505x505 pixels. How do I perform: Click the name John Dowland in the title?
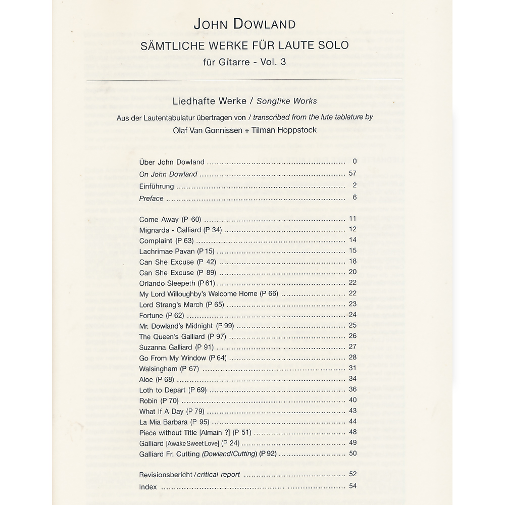tap(244, 24)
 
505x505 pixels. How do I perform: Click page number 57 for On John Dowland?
tap(352, 173)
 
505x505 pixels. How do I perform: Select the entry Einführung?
tap(157, 186)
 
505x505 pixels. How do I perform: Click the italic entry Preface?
tap(151, 198)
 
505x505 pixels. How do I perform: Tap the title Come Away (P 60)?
tap(170, 220)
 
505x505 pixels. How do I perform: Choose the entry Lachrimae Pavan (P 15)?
tap(177, 251)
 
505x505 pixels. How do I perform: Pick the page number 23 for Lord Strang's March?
tap(352, 304)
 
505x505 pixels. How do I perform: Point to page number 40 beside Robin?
tap(352, 400)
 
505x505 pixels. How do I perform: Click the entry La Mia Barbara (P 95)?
tap(174, 422)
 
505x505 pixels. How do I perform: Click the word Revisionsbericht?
tap(165, 475)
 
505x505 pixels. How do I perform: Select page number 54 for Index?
tap(352, 486)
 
